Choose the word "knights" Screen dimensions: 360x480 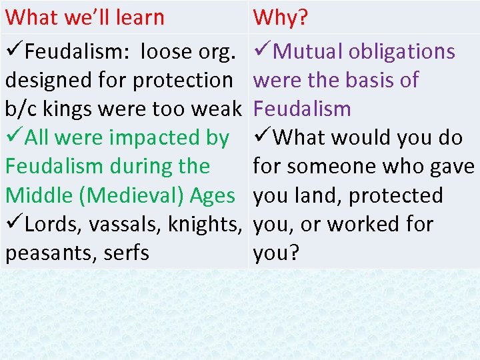pos(205,225)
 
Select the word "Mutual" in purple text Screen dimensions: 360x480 pos(309,51)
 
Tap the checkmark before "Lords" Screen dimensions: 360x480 pos(14,224)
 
